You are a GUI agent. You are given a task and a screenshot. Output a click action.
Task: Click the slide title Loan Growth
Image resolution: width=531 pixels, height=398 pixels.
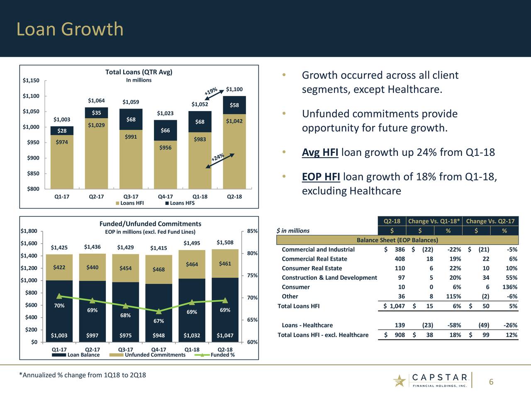pyautogui.click(x=70, y=29)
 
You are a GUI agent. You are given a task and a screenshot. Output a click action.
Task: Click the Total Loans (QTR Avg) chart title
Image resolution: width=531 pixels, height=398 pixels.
pyautogui.click(x=139, y=72)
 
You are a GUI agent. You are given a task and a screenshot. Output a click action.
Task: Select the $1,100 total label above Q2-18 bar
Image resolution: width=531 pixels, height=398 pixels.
pyautogui.click(x=234, y=89)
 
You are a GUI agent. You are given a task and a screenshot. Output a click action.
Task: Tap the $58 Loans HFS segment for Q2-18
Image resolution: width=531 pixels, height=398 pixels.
pyautogui.click(x=234, y=105)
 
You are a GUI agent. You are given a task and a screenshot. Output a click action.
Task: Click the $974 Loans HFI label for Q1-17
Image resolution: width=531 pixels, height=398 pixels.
pyautogui.click(x=62, y=142)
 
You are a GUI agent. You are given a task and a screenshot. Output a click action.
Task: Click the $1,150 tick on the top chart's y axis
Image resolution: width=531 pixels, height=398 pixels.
pyautogui.click(x=31, y=80)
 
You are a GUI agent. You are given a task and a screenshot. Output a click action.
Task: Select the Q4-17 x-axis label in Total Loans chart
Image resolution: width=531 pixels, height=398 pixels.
pyautogui.click(x=166, y=197)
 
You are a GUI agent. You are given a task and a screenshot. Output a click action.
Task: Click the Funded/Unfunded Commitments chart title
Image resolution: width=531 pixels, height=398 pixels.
pyautogui.click(x=150, y=224)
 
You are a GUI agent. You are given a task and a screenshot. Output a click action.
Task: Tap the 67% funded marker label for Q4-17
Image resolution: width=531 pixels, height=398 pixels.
pyautogui.click(x=158, y=321)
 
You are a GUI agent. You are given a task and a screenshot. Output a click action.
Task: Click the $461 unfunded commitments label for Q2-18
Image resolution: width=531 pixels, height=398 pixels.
pyautogui.click(x=225, y=264)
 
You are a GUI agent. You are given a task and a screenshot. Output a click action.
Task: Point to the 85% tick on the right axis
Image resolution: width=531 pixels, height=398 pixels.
pyautogui.click(x=252, y=231)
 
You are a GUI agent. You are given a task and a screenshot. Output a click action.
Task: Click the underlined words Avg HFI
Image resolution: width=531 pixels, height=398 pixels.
pyautogui.click(x=320, y=153)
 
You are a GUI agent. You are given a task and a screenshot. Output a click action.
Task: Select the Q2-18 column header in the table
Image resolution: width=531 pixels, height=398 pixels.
pyautogui.click(x=392, y=221)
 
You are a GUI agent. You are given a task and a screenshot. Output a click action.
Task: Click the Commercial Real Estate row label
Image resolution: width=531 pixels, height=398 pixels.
pyautogui.click(x=314, y=259)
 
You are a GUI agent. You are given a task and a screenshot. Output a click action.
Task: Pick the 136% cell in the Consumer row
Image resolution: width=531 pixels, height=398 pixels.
pyautogui.click(x=509, y=287)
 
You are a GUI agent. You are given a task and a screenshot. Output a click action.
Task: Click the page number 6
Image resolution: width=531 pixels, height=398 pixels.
pyautogui.click(x=491, y=382)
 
